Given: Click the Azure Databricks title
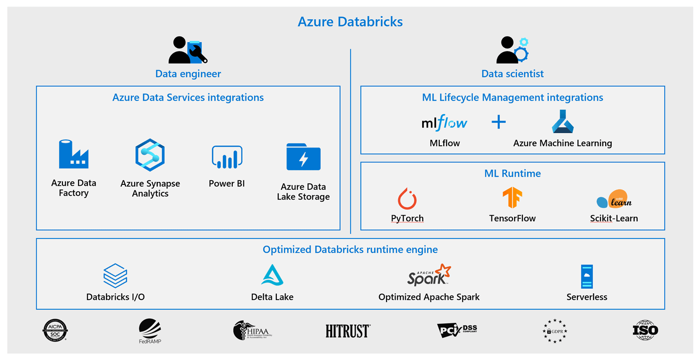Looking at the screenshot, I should [350, 22].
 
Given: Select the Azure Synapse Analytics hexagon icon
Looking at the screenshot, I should [150, 155].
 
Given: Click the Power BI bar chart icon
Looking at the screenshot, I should [227, 157].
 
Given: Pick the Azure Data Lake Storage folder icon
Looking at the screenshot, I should [303, 157].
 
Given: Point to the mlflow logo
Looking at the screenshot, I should [444, 122].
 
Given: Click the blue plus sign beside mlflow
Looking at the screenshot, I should [498, 122].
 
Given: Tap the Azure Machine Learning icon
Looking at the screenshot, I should [562, 122].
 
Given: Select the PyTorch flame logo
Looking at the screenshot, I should [407, 199].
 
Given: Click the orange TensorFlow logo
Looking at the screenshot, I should [512, 198].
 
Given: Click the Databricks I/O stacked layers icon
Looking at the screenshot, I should [115, 276].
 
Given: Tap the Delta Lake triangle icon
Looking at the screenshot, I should [272, 275].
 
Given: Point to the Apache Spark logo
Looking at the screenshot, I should [429, 275].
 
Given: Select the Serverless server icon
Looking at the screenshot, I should [586, 277].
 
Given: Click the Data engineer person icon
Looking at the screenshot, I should [187, 50].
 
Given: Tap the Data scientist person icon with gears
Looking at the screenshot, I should [512, 50].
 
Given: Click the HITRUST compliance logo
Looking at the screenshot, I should [348, 331].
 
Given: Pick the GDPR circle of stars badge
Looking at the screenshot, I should [555, 331].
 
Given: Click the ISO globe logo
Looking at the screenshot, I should [645, 330].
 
